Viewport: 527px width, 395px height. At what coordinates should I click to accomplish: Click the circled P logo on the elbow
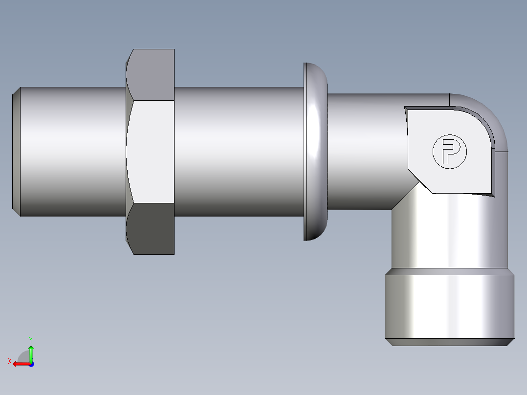pos(449,152)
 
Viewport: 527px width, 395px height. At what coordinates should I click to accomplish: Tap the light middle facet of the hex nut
pos(151,152)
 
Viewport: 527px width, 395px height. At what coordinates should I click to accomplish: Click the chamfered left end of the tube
pos(16,152)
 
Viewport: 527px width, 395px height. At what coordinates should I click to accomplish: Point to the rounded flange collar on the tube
pos(315,152)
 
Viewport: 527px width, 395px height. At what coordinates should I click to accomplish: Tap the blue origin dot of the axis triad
pos(31,364)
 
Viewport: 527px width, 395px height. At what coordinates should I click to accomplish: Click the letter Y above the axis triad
pos(30,339)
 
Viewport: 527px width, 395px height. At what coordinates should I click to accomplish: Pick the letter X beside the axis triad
pos(9,361)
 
